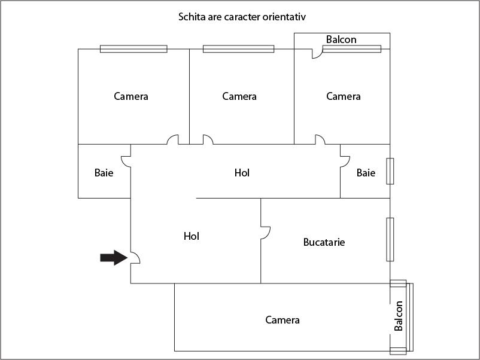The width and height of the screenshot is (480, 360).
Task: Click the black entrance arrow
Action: pyautogui.click(x=114, y=258)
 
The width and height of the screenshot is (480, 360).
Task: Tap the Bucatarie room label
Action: pyautogui.click(x=324, y=242)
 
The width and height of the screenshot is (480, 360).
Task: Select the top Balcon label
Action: pyautogui.click(x=341, y=39)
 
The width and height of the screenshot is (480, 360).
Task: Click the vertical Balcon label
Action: pyautogui.click(x=398, y=316)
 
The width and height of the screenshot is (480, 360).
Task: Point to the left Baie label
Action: pyautogui.click(x=104, y=173)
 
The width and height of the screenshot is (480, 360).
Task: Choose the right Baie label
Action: pyautogui.click(x=366, y=173)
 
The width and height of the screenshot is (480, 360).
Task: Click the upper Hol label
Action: pyautogui.click(x=242, y=173)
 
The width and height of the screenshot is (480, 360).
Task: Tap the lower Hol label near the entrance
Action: pyautogui.click(x=192, y=236)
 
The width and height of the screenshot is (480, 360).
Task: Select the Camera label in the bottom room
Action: pyautogui.click(x=282, y=320)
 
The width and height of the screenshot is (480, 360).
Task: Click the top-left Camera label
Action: pyautogui.click(x=131, y=96)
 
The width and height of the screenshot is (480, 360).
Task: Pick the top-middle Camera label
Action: pyautogui.click(x=239, y=96)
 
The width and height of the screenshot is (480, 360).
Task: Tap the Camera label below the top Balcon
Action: pyautogui.click(x=344, y=96)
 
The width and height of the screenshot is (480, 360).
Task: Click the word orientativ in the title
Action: pyautogui.click(x=284, y=17)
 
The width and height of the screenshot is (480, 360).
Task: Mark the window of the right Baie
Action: pyautogui.click(x=390, y=171)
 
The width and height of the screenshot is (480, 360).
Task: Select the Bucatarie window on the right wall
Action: pyautogui.click(x=390, y=239)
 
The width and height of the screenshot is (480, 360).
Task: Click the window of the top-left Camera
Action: pyautogui.click(x=134, y=49)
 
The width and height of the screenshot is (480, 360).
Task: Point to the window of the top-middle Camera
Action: pyautogui.click(x=238, y=49)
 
